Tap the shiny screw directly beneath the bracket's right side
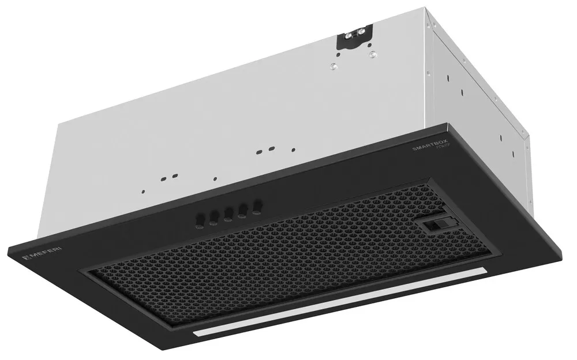point(372,55)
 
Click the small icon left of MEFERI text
point(25,256)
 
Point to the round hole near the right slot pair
point(293,149)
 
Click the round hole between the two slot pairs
point(214,178)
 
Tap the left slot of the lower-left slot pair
point(164,178)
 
